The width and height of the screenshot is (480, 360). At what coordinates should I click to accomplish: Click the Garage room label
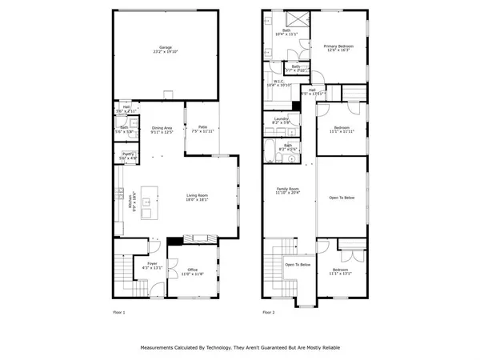pyautogui.click(x=166, y=50)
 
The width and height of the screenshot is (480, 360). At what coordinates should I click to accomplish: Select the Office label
pyautogui.click(x=192, y=272)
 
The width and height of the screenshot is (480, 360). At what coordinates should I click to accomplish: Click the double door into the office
pyautogui.click(x=170, y=270)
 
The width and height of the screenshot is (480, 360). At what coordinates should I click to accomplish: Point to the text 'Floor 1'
pyautogui.click(x=118, y=313)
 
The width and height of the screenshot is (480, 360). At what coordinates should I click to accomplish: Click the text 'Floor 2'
pyautogui.click(x=270, y=313)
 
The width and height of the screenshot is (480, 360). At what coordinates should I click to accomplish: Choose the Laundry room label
pyautogui.click(x=281, y=121)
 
